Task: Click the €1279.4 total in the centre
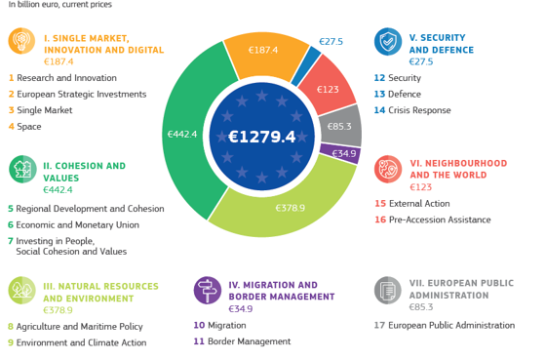tap(261, 137)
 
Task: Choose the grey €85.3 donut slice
tap(340, 126)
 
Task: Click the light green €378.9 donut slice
tap(289, 206)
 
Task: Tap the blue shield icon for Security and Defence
tap(388, 41)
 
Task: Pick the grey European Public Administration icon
tap(388, 290)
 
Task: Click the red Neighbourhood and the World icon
tap(388, 168)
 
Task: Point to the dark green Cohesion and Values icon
tap(22, 169)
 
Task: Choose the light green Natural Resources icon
tap(22, 290)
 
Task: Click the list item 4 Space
tap(25, 127)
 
